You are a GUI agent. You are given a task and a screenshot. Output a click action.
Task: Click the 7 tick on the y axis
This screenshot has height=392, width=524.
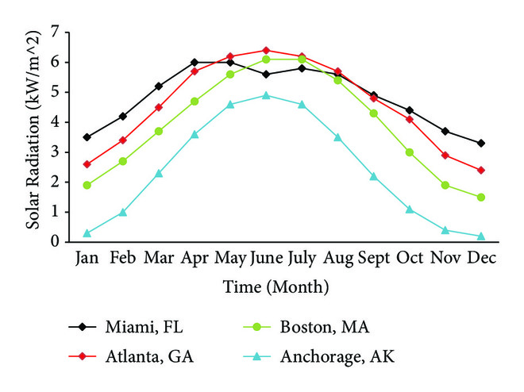pos(55,32)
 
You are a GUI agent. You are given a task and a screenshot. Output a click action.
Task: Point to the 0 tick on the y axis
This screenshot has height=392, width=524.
pos(55,241)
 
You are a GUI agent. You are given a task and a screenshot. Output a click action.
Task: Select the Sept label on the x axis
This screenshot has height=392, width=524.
pos(373,258)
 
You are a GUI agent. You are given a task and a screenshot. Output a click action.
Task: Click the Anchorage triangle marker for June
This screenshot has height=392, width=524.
pos(266,95)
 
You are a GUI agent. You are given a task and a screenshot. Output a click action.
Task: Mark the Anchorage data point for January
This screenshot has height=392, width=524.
pos(87,233)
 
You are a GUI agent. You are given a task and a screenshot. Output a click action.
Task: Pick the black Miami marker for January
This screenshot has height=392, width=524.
pos(87,137)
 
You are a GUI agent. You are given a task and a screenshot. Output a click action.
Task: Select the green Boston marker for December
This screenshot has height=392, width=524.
pos(481,197)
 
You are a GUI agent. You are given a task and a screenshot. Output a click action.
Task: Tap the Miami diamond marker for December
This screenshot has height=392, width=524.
pos(481,143)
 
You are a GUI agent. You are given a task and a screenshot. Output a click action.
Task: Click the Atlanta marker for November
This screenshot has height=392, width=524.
pos(445,155)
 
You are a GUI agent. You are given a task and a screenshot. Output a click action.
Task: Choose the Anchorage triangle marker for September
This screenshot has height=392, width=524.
pos(373,176)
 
